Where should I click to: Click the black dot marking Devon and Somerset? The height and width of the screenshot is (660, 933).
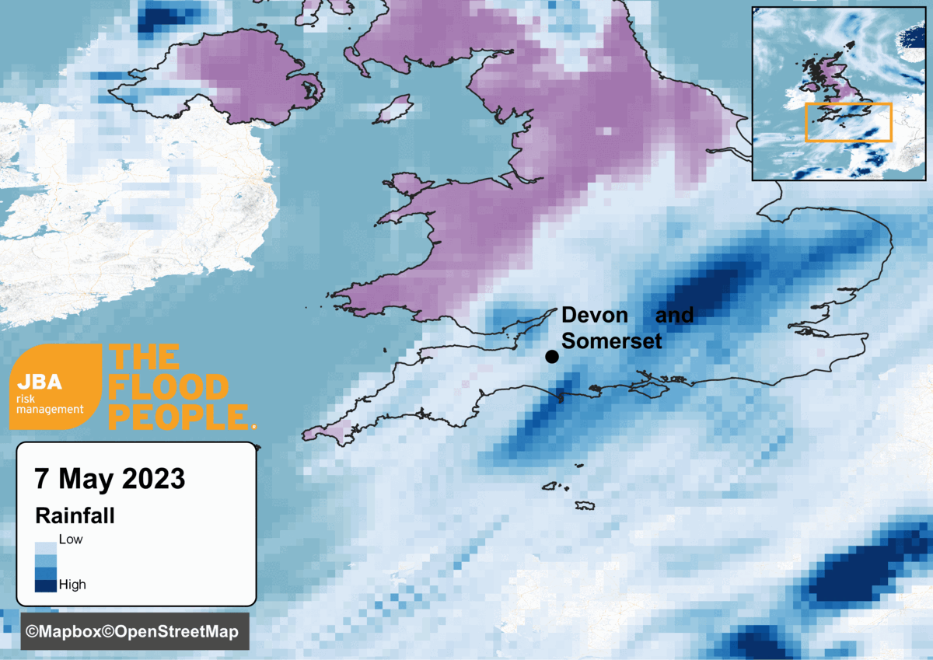coord(552,357)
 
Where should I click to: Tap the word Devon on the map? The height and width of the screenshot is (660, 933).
coord(594,316)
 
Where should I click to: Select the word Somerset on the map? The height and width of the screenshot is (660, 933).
coord(611,340)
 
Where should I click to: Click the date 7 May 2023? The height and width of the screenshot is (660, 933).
coord(110,478)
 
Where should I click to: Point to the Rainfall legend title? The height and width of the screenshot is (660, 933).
coord(75,516)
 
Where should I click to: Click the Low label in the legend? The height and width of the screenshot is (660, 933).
coord(71,539)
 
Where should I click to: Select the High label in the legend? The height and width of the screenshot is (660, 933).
coord(72,585)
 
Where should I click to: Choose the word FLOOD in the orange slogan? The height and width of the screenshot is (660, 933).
coord(169,387)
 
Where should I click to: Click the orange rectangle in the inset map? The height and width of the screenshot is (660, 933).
coord(848,123)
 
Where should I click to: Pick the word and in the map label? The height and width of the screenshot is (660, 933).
coord(674,316)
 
